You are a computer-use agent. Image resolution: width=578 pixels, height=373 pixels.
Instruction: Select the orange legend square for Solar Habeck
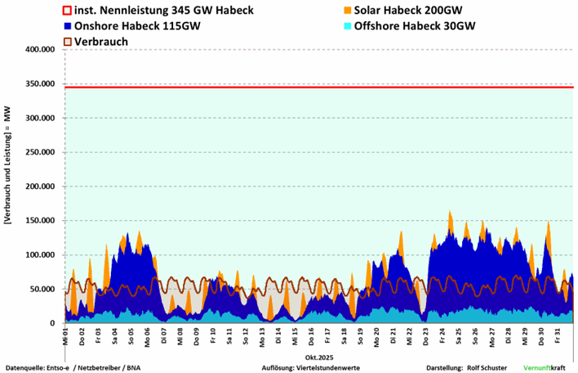click(x=348, y=11)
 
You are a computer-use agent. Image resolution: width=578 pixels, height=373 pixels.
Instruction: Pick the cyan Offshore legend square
click(x=348, y=25)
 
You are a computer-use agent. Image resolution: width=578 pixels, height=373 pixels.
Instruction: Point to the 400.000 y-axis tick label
click(x=38, y=50)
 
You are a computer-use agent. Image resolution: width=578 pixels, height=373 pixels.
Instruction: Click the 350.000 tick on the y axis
click(x=38, y=84)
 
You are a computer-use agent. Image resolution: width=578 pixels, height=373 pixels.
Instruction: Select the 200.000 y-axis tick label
click(x=38, y=186)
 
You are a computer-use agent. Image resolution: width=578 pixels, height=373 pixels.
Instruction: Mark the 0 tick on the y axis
click(x=52, y=324)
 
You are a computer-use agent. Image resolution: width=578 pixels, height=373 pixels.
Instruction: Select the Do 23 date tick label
click(x=427, y=335)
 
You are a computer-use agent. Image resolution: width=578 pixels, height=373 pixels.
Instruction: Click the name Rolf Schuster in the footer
click(x=489, y=367)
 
